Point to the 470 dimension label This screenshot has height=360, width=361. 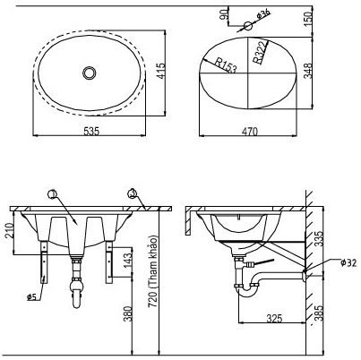(249, 131)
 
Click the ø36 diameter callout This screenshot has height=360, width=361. (262, 15)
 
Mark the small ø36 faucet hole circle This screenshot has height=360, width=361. (249, 24)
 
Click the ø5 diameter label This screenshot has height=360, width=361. (31, 296)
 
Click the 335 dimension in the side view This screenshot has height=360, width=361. (319, 238)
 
